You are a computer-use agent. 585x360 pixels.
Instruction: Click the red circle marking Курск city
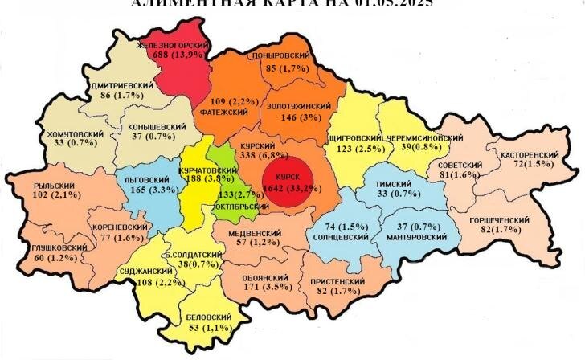(287, 183)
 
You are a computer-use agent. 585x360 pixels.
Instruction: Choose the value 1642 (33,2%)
(286, 188)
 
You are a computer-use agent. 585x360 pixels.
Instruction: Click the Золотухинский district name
(298, 106)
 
